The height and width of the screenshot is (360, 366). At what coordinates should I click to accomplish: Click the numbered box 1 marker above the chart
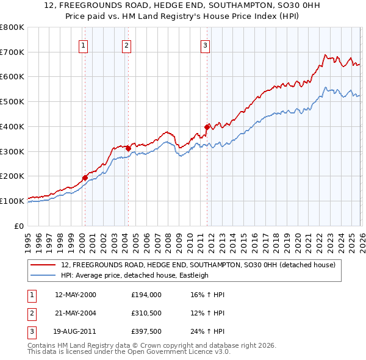click(x=83, y=45)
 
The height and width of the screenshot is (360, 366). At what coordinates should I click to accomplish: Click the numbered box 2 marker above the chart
click(x=126, y=45)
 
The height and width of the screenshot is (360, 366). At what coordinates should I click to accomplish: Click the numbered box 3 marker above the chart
click(x=205, y=45)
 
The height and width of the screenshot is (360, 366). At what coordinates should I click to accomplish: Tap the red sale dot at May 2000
click(x=85, y=178)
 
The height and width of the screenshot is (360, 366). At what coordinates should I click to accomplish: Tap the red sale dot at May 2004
click(x=128, y=148)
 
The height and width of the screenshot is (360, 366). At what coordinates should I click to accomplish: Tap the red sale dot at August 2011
click(x=207, y=127)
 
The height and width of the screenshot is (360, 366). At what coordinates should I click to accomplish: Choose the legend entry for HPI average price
click(x=135, y=275)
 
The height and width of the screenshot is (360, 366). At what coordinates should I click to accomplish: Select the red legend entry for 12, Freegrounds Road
click(x=198, y=265)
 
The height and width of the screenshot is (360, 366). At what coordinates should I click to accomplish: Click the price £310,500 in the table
click(x=146, y=314)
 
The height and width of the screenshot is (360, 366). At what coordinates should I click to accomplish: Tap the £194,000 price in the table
click(x=146, y=294)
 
